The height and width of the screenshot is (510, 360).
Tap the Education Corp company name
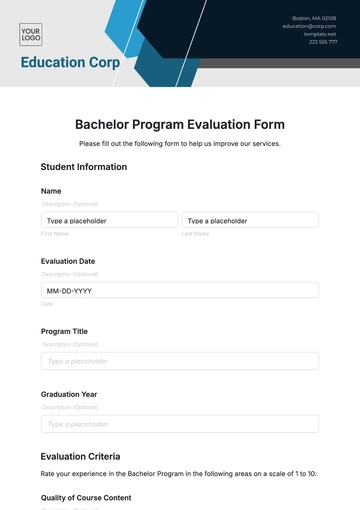[70, 62]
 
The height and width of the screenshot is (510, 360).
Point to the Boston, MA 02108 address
[314, 18]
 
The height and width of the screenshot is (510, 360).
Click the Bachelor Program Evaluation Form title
[180, 125]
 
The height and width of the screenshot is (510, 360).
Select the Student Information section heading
[84, 167]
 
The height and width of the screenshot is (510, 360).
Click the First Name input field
[109, 220]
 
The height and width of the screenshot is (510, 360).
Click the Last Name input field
[250, 220]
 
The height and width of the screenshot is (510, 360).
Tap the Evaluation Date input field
[180, 290]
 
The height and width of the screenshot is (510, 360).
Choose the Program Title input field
[180, 361]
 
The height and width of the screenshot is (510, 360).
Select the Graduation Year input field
[180, 424]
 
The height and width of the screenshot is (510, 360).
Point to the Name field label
[51, 191]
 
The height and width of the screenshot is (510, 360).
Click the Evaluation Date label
[68, 261]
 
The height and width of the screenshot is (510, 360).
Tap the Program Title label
[64, 331]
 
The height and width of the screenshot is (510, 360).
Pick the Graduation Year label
[69, 394]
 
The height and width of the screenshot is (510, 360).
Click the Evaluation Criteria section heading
[83, 456]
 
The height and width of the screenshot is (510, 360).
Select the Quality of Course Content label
[86, 497]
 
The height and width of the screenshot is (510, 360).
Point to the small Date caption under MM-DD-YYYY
[47, 304]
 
